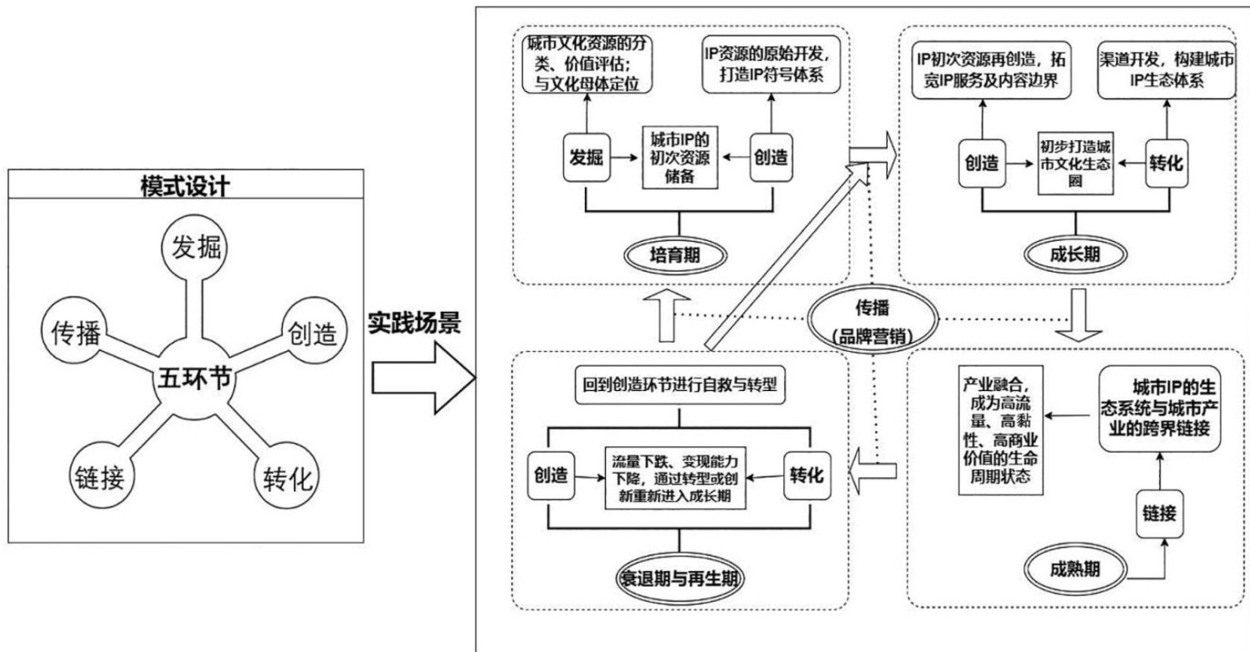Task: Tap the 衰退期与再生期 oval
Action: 679,577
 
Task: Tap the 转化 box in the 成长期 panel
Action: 1169,163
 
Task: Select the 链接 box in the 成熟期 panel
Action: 1160,514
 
